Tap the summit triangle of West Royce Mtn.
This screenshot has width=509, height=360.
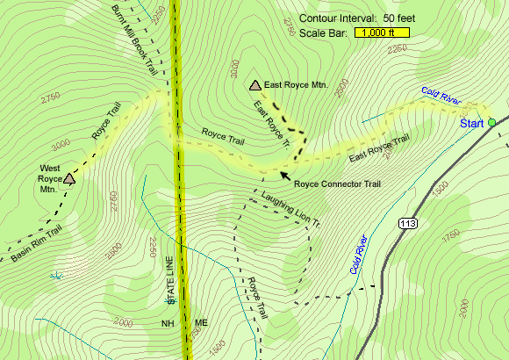click(x=69, y=179)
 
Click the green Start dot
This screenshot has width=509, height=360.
click(x=491, y=122)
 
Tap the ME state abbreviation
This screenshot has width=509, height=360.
click(x=201, y=322)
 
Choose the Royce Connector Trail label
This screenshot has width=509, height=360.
click(x=337, y=184)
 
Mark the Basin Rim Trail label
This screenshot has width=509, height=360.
click(x=37, y=244)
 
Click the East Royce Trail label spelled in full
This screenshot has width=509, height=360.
click(x=379, y=148)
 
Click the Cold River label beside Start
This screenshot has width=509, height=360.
click(x=441, y=96)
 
